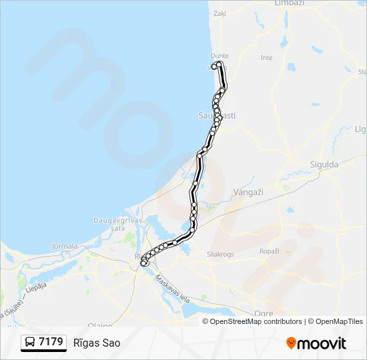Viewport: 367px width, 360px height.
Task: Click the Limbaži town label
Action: [289, 3]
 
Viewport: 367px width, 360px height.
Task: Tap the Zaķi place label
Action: [220, 13]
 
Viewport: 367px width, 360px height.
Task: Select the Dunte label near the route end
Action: [220, 56]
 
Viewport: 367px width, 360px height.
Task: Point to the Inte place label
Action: [266, 58]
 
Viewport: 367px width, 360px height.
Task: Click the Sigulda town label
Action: [324, 164]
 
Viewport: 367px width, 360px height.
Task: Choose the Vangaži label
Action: [250, 192]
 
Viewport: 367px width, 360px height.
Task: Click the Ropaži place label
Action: [269, 251]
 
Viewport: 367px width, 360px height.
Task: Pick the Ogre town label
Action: [264, 313]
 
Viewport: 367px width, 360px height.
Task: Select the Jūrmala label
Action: [65, 246]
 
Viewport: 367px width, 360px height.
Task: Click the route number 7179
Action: [51, 342]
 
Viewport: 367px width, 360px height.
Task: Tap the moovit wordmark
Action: [322, 343]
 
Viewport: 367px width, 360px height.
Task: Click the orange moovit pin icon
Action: [291, 343]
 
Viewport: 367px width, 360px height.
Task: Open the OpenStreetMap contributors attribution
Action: [256, 321]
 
